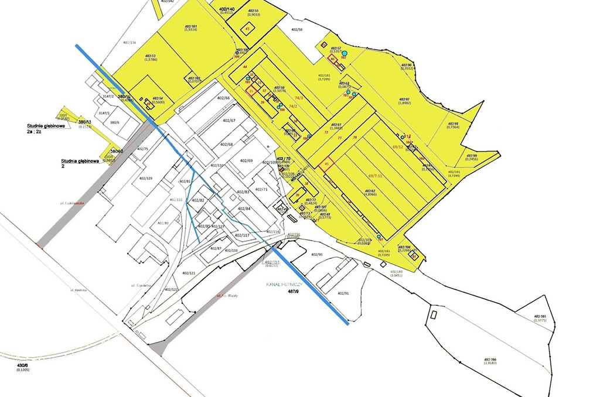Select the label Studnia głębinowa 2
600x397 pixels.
pyautogui.click(x=79, y=163)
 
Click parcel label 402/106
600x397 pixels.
pyautogui.click(x=490, y=361)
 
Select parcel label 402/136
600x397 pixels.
pyautogui.click(x=128, y=43)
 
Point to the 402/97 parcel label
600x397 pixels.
pyautogui.click(x=408, y=100)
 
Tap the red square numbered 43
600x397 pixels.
pyautogui.click(x=247, y=28)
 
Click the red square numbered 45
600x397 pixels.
pyautogui.click(x=326, y=165)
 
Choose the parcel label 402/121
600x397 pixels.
pyautogui.click(x=188, y=273)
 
